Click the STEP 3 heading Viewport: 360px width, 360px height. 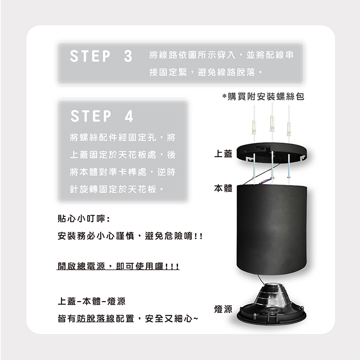point(101,56)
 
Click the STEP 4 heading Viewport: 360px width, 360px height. point(102,116)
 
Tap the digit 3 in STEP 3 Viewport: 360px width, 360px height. point(128,56)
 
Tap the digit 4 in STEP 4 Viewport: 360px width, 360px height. point(129,116)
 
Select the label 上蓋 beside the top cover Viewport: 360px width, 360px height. point(223,154)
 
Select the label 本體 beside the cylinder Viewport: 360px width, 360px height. point(223,188)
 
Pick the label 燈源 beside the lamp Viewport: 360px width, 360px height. point(223,309)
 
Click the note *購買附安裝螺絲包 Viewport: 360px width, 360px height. point(263,97)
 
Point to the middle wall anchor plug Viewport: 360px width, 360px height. point(272,123)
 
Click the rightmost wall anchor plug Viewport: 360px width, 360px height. point(288,129)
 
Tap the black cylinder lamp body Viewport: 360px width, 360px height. point(272,230)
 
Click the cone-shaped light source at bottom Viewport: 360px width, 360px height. point(272,303)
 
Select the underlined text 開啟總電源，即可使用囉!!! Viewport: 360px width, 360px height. point(118,266)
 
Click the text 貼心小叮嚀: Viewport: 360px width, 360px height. point(84,219)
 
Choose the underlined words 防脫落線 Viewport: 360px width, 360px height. point(96,319)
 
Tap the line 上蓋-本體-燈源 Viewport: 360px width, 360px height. point(92,301)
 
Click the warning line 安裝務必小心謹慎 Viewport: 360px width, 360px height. point(96,236)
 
